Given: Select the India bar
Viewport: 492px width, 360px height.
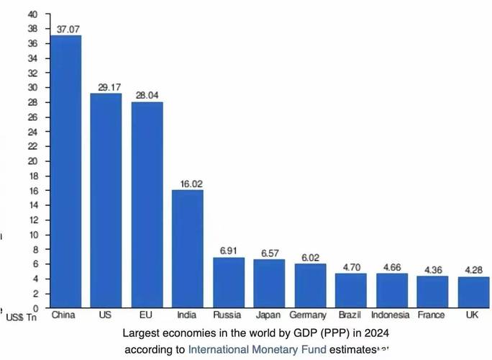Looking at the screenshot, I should (188, 249).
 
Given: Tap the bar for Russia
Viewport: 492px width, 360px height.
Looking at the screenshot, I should (229, 282).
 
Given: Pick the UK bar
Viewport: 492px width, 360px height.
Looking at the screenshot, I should (473, 292).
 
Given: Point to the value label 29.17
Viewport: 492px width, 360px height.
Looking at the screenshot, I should (106, 87).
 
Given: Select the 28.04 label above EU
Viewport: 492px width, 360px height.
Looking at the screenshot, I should (147, 96).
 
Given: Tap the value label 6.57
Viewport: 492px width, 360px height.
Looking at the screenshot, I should (269, 253).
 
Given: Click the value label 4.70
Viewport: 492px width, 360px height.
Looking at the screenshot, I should (350, 266).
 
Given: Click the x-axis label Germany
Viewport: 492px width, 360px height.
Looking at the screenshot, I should (309, 315).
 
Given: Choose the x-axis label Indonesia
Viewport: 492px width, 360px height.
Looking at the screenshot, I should (391, 315).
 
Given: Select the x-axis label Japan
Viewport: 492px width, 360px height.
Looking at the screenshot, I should (269, 315).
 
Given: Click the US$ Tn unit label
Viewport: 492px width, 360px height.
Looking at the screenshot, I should (22, 316).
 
